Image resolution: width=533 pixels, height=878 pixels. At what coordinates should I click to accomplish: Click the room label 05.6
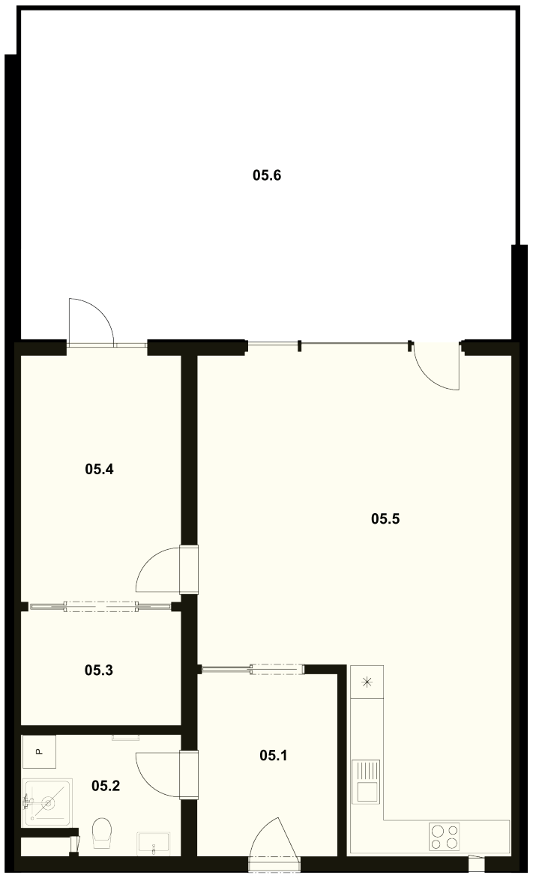tap(267, 175)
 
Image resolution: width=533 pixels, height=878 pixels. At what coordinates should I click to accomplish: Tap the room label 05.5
tap(385, 519)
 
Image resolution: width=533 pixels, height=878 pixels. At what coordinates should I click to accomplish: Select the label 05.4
tap(100, 469)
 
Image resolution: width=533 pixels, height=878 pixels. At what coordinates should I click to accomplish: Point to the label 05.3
tap(99, 670)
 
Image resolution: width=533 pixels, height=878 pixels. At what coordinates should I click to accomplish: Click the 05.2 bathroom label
tap(106, 786)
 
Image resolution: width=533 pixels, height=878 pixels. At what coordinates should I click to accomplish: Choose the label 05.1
tap(274, 756)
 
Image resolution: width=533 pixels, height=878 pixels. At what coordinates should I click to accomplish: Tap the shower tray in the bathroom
tap(47, 802)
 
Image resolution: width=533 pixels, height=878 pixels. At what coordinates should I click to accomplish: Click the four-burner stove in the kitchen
tap(444, 837)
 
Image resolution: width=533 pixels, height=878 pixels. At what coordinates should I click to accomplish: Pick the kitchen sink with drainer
tap(365, 781)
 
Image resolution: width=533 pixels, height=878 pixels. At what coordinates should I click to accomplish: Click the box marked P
tap(39, 751)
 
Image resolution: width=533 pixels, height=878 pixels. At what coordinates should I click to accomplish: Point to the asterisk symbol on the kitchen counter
tap(367, 682)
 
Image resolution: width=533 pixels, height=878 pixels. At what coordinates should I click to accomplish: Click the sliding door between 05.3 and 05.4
tap(101, 606)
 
